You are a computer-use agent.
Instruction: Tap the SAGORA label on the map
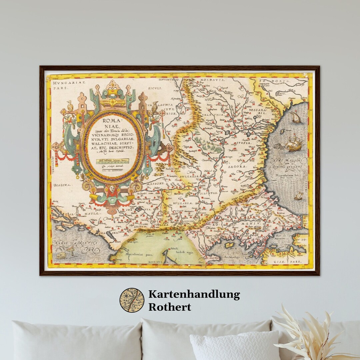[x=238, y=166]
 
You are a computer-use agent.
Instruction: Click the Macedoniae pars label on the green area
[x=131, y=254]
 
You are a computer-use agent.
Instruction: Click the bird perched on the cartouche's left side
[x=70, y=106]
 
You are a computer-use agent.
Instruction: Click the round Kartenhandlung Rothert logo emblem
[x=132, y=300]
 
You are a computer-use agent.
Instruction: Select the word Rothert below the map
[x=170, y=307]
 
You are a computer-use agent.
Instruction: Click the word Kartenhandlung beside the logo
[x=194, y=294]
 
